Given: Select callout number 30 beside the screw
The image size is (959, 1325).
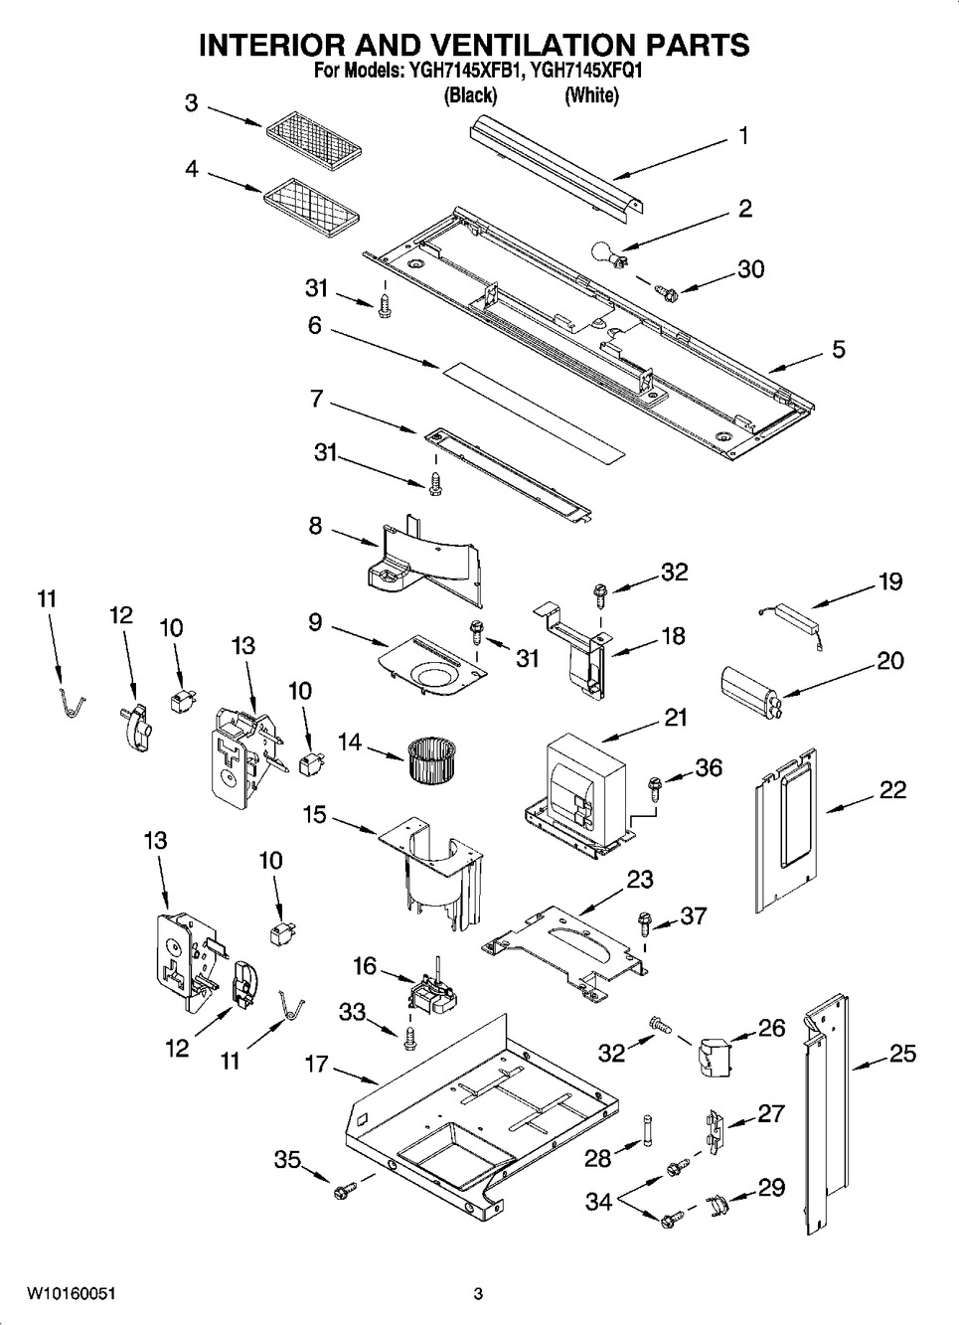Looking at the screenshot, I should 750,269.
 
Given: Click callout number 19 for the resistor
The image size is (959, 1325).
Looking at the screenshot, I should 889,581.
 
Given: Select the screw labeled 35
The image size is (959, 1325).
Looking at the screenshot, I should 346,1189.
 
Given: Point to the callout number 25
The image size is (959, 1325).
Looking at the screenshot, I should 902,1054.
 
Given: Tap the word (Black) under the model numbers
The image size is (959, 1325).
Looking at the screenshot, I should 470,95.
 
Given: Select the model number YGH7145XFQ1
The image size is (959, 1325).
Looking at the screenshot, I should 591,72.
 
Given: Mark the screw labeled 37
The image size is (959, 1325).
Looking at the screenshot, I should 644,925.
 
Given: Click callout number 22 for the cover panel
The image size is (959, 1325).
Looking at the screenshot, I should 892,790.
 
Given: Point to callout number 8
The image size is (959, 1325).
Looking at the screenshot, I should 315,525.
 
